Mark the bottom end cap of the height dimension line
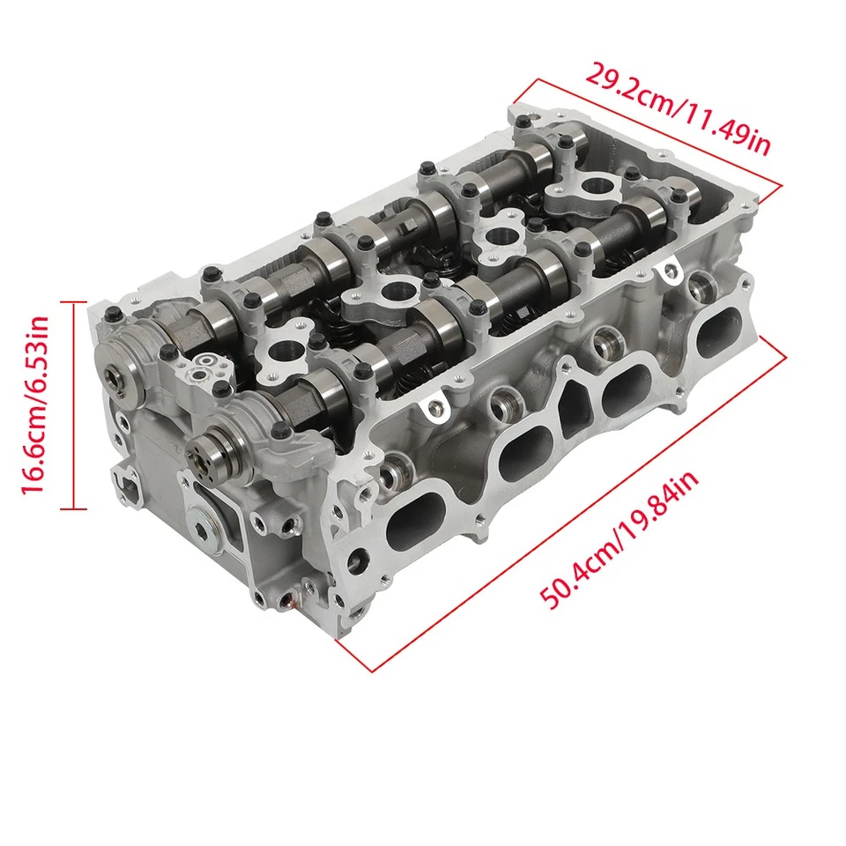pos(74,509)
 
